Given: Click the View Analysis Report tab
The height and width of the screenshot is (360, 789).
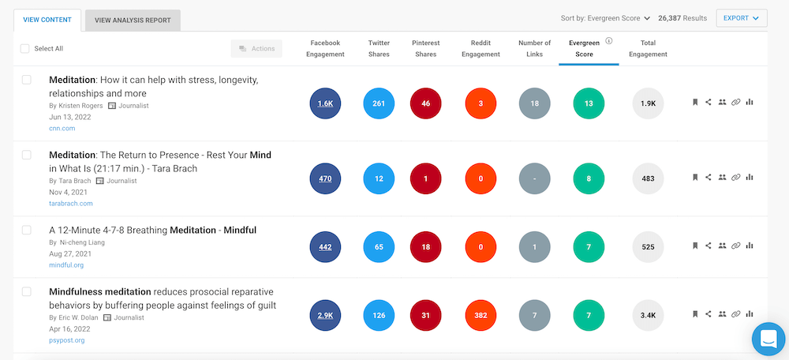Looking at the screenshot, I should [x=133, y=20].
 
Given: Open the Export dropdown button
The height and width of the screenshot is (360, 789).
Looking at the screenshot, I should [x=741, y=18].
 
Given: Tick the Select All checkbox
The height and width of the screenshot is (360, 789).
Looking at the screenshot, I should [x=25, y=48].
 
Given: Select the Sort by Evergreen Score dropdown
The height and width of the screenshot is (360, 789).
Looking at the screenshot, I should [x=605, y=18].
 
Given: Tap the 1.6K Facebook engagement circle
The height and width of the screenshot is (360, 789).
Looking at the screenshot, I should [x=325, y=103].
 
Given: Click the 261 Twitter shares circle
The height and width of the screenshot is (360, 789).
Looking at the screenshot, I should [x=379, y=103].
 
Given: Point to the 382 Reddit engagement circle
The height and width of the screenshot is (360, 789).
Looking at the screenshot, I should [x=481, y=315].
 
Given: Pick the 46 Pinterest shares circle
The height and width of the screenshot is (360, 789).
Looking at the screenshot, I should [x=426, y=103].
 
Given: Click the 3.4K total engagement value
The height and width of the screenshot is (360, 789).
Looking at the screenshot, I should [x=648, y=315].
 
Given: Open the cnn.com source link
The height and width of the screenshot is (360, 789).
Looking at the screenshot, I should [x=62, y=129].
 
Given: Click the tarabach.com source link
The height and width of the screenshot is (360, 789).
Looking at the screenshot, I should [x=71, y=203].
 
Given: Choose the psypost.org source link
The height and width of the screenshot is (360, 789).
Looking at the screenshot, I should [x=67, y=340].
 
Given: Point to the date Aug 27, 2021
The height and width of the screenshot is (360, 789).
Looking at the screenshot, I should [x=70, y=253].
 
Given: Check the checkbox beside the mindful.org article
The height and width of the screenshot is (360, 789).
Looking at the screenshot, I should [x=27, y=230].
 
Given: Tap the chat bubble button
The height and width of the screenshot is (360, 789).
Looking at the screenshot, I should [x=768, y=339].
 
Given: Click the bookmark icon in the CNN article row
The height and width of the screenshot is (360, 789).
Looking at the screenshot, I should [x=695, y=102].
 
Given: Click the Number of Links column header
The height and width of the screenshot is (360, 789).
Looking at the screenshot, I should [x=535, y=49].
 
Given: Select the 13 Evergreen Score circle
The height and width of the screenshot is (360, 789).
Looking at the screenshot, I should [x=589, y=103].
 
